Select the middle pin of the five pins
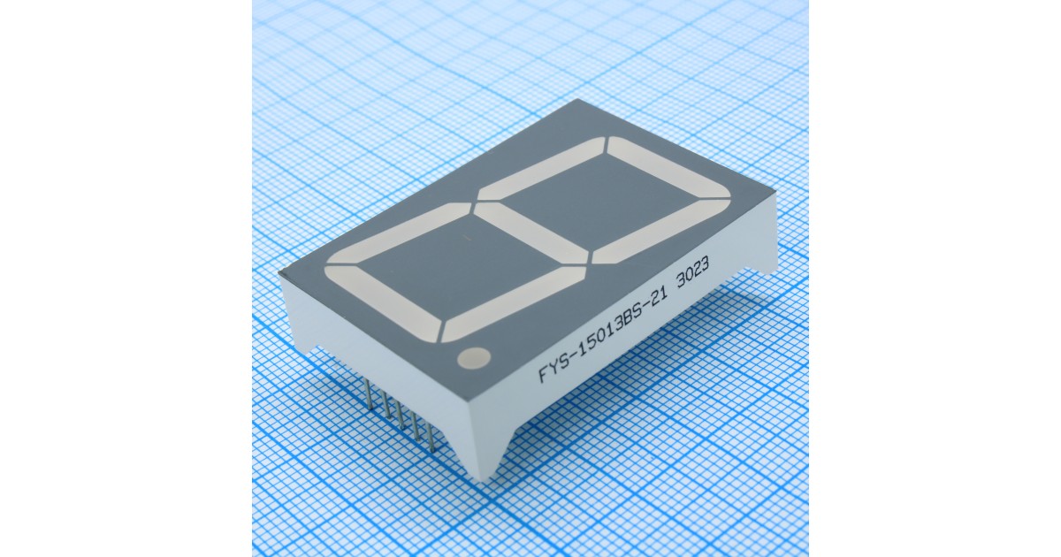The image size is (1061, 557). [403, 417]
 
